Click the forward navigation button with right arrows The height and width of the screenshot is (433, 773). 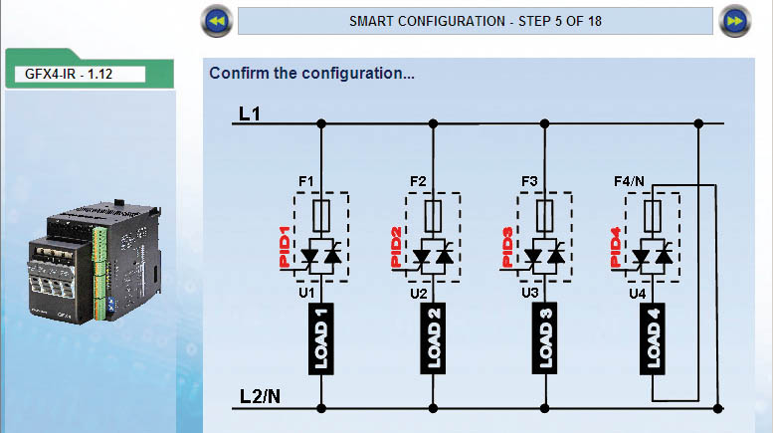(x=735, y=20)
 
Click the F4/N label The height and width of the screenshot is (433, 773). (x=631, y=181)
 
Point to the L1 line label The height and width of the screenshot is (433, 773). (x=249, y=114)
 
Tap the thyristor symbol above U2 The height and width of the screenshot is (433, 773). (x=433, y=259)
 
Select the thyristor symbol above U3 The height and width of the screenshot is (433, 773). (x=545, y=259)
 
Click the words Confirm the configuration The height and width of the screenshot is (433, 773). (x=311, y=74)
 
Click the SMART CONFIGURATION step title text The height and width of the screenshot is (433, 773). (x=476, y=20)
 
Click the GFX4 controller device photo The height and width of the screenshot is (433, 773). (x=90, y=262)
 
